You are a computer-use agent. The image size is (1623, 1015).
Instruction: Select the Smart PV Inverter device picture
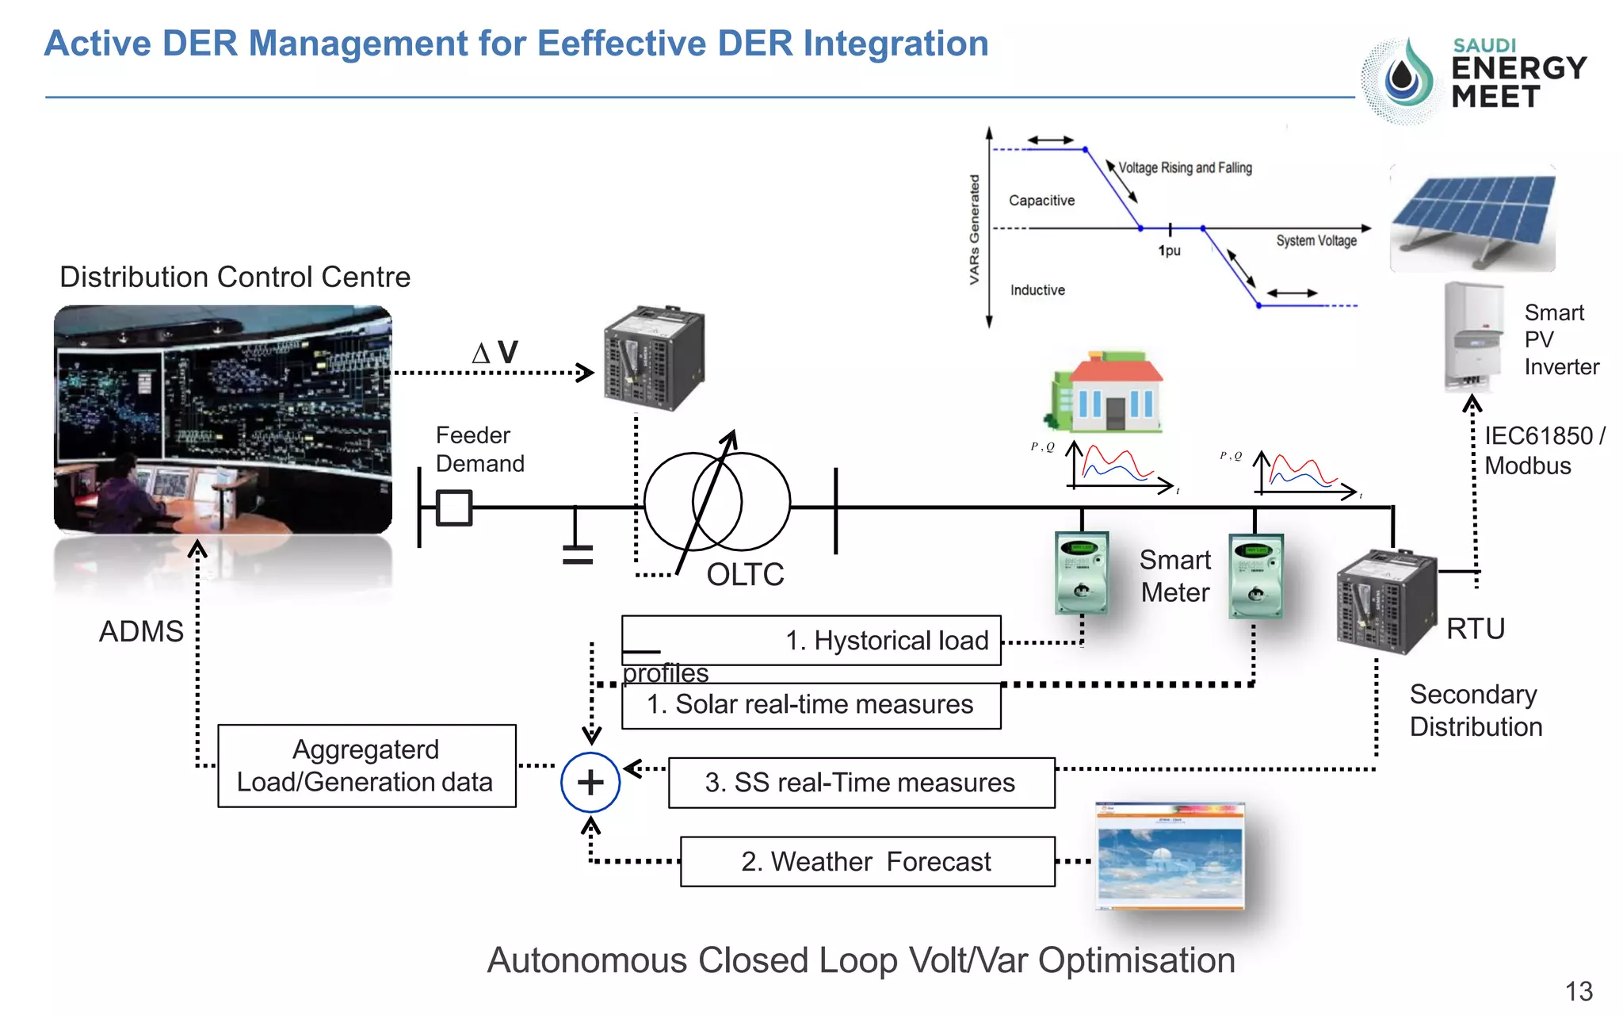(x=1473, y=337)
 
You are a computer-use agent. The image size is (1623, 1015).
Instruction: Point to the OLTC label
(x=745, y=575)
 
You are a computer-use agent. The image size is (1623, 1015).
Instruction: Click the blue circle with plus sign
(x=590, y=783)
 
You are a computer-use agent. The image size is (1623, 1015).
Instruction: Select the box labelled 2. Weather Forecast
(x=867, y=862)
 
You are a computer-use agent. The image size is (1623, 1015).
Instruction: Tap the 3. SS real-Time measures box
(x=861, y=783)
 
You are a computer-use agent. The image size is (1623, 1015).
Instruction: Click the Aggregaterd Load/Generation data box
(x=366, y=766)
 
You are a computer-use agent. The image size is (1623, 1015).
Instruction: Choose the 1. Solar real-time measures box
(x=811, y=705)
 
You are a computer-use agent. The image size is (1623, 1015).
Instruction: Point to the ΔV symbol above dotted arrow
(x=495, y=352)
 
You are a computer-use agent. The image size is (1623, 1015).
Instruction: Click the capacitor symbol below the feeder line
(x=578, y=553)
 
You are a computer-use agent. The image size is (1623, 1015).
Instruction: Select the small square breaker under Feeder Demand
(x=454, y=507)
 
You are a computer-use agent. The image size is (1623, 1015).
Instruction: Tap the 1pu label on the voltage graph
(x=1170, y=251)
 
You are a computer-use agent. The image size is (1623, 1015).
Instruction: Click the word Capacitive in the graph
(x=1041, y=201)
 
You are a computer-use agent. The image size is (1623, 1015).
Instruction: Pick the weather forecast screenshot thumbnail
(x=1170, y=856)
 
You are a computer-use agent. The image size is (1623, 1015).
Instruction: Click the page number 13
(x=1578, y=991)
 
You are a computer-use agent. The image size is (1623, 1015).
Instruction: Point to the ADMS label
(x=141, y=632)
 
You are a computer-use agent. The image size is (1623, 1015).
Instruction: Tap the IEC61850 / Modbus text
(x=1543, y=450)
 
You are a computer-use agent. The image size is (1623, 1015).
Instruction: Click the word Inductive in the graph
(x=1037, y=290)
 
